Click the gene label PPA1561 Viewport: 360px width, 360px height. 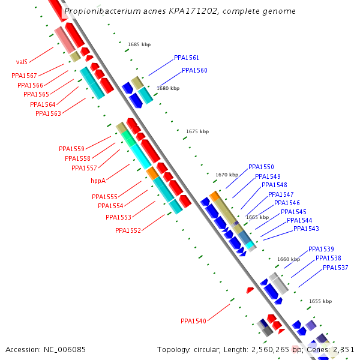187,58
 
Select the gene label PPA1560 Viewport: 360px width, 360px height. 194,71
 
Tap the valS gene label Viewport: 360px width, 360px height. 22,62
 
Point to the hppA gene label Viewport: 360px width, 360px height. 98,181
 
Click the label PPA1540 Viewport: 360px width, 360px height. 193,322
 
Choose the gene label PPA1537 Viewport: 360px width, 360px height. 335,268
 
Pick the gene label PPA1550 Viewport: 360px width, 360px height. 261,167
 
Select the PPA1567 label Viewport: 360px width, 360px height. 24,76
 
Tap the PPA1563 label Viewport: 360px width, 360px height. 48,114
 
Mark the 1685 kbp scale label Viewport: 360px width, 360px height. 138,44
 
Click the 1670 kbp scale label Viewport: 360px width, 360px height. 227,175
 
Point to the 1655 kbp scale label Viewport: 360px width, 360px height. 320,301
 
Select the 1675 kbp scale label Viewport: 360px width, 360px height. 197,131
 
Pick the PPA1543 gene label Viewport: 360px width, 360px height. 307,229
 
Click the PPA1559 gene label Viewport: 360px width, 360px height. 71,149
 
